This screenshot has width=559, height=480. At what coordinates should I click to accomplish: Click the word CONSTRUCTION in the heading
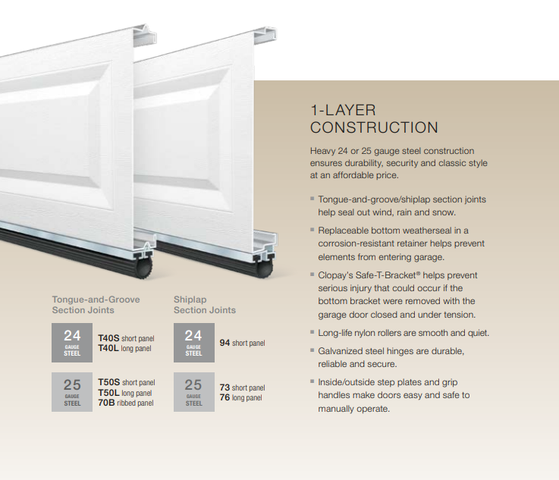[374, 127]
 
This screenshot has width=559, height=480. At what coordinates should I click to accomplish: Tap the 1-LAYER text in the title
[343, 110]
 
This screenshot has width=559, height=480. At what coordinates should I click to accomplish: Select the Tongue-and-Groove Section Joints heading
[96, 305]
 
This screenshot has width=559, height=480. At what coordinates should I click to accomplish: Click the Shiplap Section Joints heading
[204, 305]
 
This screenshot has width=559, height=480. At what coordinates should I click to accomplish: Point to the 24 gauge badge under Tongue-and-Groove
[72, 341]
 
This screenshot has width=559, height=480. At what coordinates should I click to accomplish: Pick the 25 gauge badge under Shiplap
[193, 392]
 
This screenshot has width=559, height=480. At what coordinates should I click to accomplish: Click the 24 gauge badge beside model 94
[193, 341]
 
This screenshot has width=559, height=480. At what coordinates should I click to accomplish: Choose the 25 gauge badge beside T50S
[72, 392]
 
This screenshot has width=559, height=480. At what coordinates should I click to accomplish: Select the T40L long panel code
[109, 349]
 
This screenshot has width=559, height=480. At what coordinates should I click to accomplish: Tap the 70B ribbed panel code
[108, 403]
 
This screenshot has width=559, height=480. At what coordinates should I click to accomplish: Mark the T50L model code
[109, 393]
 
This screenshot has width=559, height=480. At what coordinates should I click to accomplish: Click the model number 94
[225, 344]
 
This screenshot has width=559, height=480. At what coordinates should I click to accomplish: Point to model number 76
[225, 397]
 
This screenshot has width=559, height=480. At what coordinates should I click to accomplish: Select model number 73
[225, 387]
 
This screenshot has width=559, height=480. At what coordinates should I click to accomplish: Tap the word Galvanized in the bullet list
[342, 351]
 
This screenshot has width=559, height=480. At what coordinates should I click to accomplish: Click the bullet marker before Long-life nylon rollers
[312, 332]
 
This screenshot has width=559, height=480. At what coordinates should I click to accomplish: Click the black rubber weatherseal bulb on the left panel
[144, 266]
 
